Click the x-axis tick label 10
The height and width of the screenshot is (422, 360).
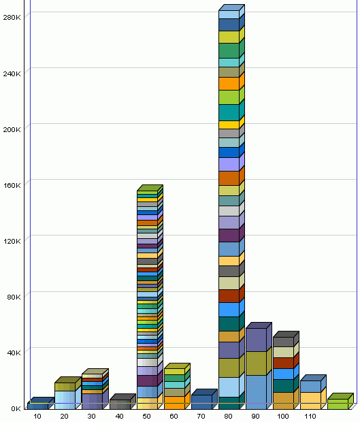pyautogui.click(x=37, y=416)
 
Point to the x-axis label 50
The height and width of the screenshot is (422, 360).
pyautogui.click(x=146, y=416)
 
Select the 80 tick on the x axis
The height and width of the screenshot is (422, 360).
pyautogui.click(x=229, y=416)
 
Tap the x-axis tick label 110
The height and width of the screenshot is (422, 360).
pyautogui.click(x=310, y=416)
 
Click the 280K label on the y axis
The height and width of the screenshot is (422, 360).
pyautogui.click(x=12, y=17)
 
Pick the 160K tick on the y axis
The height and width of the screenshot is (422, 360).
pyautogui.click(x=12, y=184)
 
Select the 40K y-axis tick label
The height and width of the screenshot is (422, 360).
pyautogui.click(x=14, y=352)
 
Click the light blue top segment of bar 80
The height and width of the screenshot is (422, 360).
pyautogui.click(x=229, y=14)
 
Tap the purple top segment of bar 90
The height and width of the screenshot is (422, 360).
pyautogui.click(x=256, y=340)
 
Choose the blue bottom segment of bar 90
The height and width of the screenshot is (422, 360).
pyautogui.click(x=256, y=391)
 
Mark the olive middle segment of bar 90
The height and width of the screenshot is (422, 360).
pyautogui.click(x=256, y=363)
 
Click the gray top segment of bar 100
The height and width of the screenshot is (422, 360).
pyautogui.click(x=283, y=342)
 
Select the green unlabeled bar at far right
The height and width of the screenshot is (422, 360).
pyautogui.click(x=338, y=404)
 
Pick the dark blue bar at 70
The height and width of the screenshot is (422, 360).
pyautogui.click(x=201, y=401)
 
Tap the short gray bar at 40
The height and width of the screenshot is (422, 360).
pyautogui.click(x=119, y=404)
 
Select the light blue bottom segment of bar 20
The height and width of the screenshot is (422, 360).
pyautogui.click(x=65, y=399)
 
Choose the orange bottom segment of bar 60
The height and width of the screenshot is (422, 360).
pyautogui.click(x=174, y=402)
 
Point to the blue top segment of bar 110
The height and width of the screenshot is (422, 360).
pyautogui.click(x=310, y=386)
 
